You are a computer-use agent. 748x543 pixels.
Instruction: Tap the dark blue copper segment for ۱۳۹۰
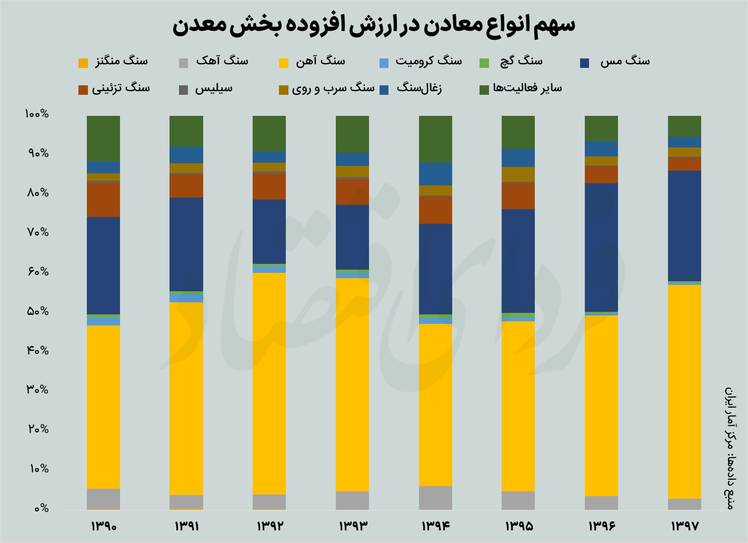(x=103, y=265)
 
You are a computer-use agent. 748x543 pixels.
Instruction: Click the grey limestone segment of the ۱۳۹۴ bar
(x=435, y=498)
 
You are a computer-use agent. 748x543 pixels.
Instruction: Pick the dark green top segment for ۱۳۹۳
(x=352, y=134)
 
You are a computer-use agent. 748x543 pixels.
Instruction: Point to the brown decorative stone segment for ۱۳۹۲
(x=269, y=186)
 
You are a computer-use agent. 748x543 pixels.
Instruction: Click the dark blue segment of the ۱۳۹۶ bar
(x=601, y=248)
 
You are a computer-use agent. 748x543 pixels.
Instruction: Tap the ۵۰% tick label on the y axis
(x=37, y=311)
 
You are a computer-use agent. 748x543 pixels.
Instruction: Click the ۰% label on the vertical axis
(x=41, y=509)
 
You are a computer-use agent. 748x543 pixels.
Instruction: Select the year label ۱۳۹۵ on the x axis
(x=518, y=526)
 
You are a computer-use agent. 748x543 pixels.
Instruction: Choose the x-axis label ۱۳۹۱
(x=186, y=526)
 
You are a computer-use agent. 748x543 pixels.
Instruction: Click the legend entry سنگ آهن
(x=320, y=61)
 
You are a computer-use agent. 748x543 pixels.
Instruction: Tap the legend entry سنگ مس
(x=625, y=61)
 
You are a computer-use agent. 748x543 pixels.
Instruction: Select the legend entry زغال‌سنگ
(x=419, y=88)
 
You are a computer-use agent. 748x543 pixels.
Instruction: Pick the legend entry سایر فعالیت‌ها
(x=527, y=88)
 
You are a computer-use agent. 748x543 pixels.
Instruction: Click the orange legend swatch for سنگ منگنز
(x=83, y=63)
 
